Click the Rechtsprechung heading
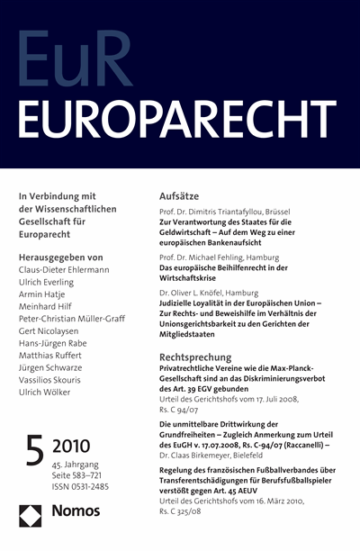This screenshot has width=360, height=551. click(197, 357)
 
